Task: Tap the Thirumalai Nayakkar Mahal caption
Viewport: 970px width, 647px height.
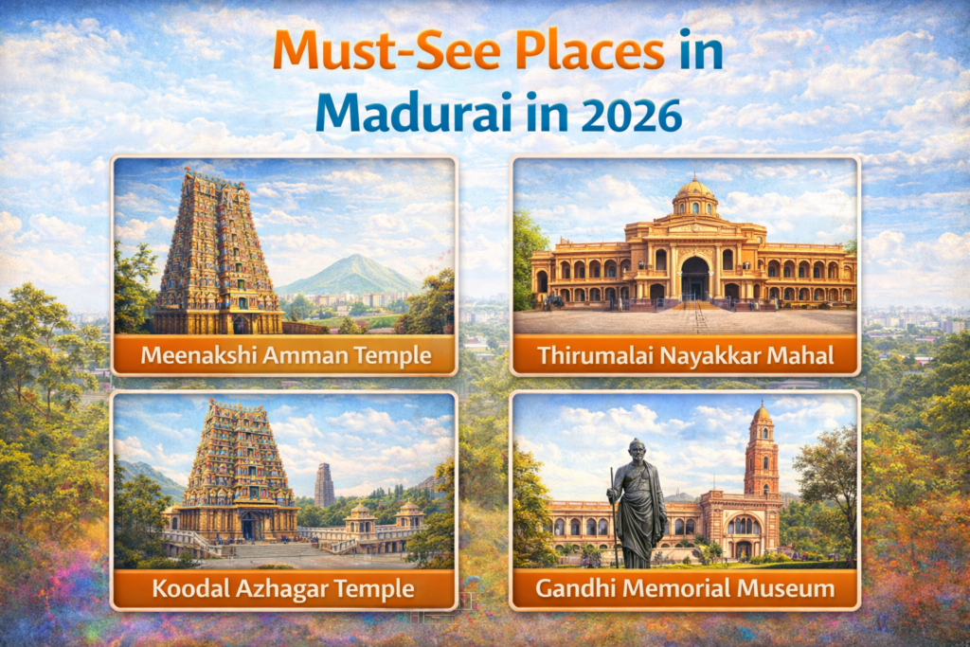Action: tap(686, 356)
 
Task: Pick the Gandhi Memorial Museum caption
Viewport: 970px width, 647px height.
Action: tap(686, 589)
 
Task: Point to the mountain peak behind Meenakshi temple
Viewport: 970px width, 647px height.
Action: tap(351, 258)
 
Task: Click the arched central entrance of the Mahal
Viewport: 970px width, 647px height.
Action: tap(694, 279)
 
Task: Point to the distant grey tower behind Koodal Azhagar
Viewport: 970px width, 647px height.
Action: tap(325, 486)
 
